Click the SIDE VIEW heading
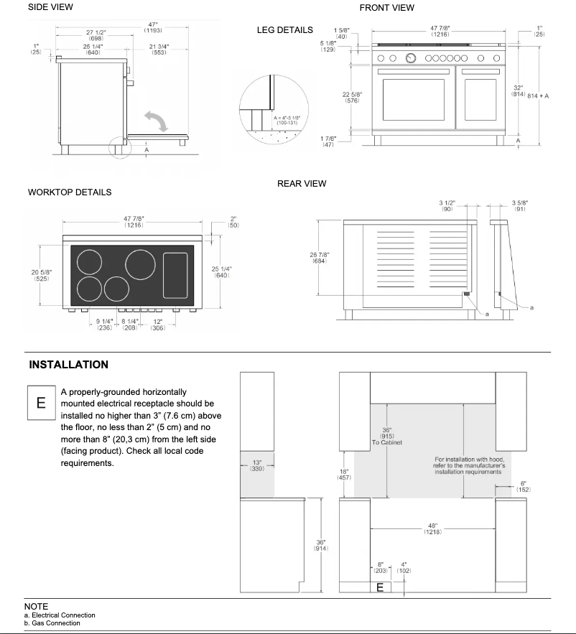pyautogui.click(x=50, y=7)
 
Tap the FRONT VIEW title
pyautogui.click(x=386, y=8)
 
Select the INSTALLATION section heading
pyautogui.click(x=69, y=365)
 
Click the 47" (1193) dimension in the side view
pyautogui.click(x=152, y=27)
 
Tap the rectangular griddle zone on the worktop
pyautogui.click(x=175, y=275)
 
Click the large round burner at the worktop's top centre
pyautogui.click(x=140, y=264)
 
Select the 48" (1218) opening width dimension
pyautogui.click(x=432, y=528)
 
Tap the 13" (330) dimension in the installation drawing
pyautogui.click(x=256, y=465)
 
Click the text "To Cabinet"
pyautogui.click(x=388, y=442)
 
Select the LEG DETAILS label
pyautogui.click(x=284, y=30)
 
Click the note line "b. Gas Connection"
pyautogui.click(x=52, y=623)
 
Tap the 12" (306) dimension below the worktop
pyautogui.click(x=157, y=324)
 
